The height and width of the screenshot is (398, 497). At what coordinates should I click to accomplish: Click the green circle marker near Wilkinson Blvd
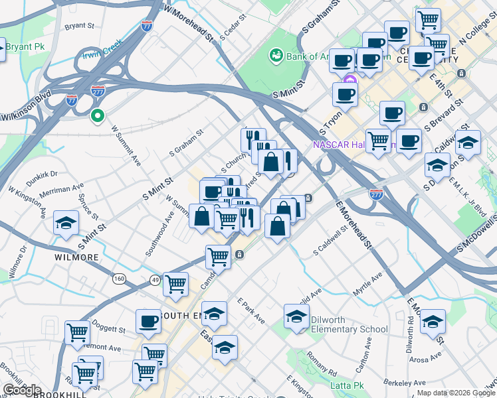98,117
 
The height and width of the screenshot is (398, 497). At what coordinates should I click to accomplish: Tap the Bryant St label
80,27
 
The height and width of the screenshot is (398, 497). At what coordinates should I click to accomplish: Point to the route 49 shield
155,280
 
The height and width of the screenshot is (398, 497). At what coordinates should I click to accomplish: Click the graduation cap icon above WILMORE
66,224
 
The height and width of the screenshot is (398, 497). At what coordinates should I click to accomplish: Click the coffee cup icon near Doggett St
148,322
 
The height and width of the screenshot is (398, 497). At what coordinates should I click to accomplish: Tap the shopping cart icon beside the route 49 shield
175,285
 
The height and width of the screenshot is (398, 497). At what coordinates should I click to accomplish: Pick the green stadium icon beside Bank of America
275,56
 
